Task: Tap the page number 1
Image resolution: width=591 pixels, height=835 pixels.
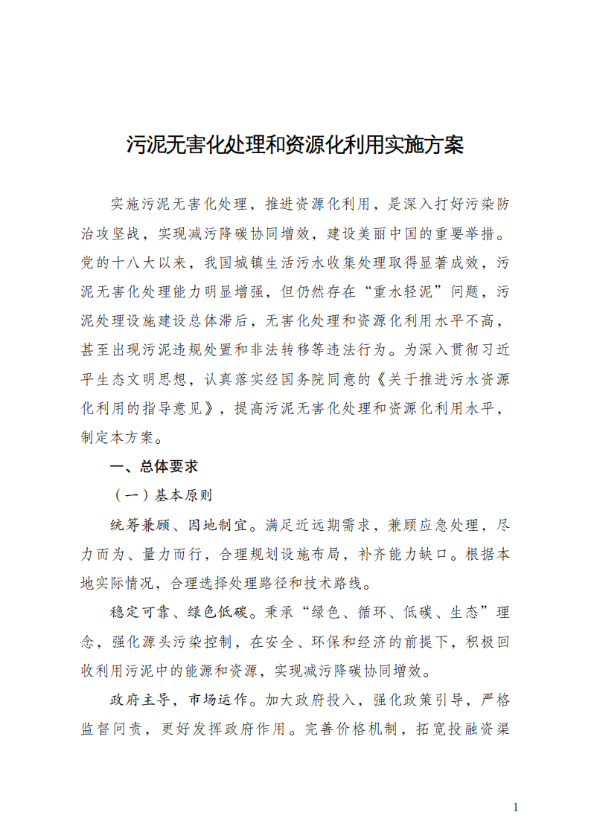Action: [x=515, y=807]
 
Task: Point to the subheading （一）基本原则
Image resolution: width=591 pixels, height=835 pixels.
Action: [x=162, y=495]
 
